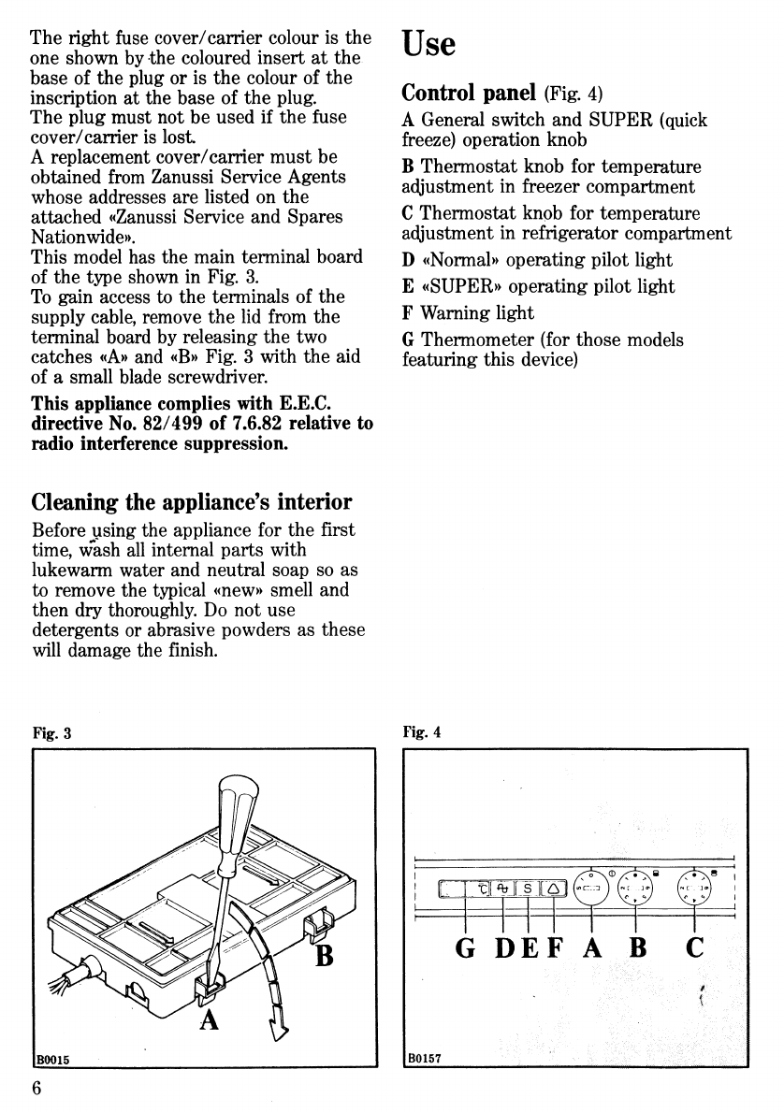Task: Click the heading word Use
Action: click(x=428, y=43)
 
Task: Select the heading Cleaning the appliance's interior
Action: click(x=192, y=502)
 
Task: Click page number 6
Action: click(x=37, y=1089)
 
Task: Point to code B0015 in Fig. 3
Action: click(x=55, y=1059)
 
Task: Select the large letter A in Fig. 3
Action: click(x=214, y=1016)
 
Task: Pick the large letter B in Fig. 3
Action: click(x=324, y=956)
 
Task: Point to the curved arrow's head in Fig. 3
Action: click(x=277, y=1030)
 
